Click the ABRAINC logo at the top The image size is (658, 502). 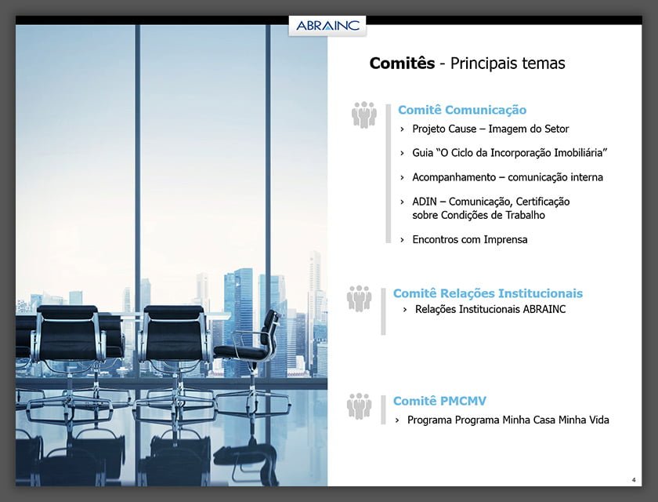coord(327,25)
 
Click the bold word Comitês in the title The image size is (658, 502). coord(402,64)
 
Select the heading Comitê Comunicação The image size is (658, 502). coord(462,110)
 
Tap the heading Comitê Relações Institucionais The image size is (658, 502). coord(488,293)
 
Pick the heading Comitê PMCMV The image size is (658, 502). coord(439,401)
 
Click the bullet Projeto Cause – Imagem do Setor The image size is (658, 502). coord(490,129)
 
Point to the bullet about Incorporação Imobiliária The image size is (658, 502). coord(510,152)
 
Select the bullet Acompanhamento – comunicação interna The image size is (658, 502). coord(508,177)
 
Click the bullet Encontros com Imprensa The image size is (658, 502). coord(470,239)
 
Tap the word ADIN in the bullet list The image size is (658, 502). coord(425,202)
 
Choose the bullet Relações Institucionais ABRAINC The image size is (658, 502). coord(490,309)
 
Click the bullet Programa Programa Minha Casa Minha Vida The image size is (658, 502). coord(508,420)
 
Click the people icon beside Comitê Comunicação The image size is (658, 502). coord(364,115)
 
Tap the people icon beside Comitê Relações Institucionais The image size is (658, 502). coord(360,298)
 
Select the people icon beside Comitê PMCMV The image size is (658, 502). coord(360,406)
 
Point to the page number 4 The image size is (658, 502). coord(633,479)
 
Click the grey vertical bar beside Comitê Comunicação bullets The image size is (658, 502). coord(388,173)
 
